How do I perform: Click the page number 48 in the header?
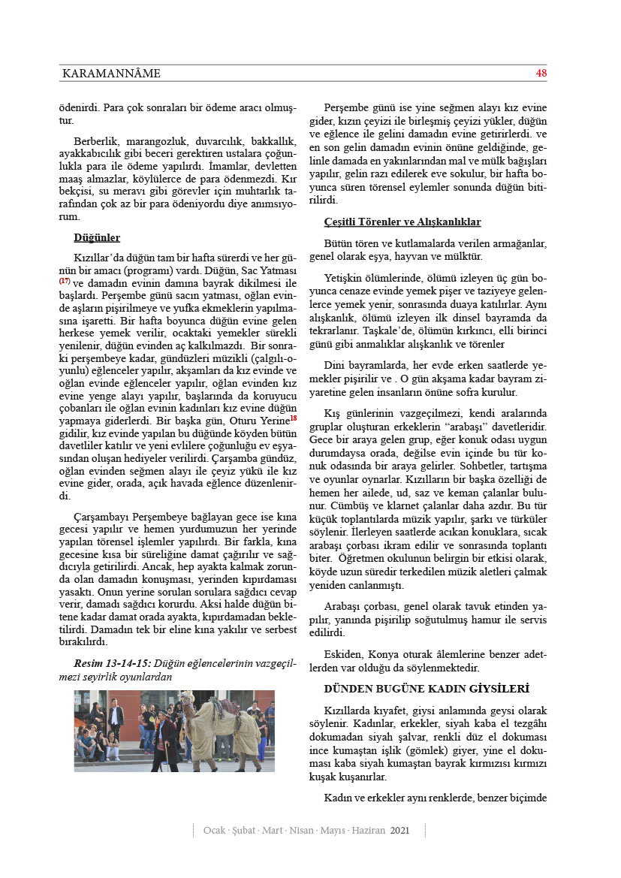click(541, 73)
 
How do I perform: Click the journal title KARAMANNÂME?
click(111, 74)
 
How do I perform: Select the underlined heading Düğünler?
click(97, 238)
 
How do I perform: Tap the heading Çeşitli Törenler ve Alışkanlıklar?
click(402, 222)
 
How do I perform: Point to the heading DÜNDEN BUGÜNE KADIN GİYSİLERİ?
click(427, 688)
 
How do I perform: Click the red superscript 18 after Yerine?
click(294, 418)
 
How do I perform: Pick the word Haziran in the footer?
click(365, 831)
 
